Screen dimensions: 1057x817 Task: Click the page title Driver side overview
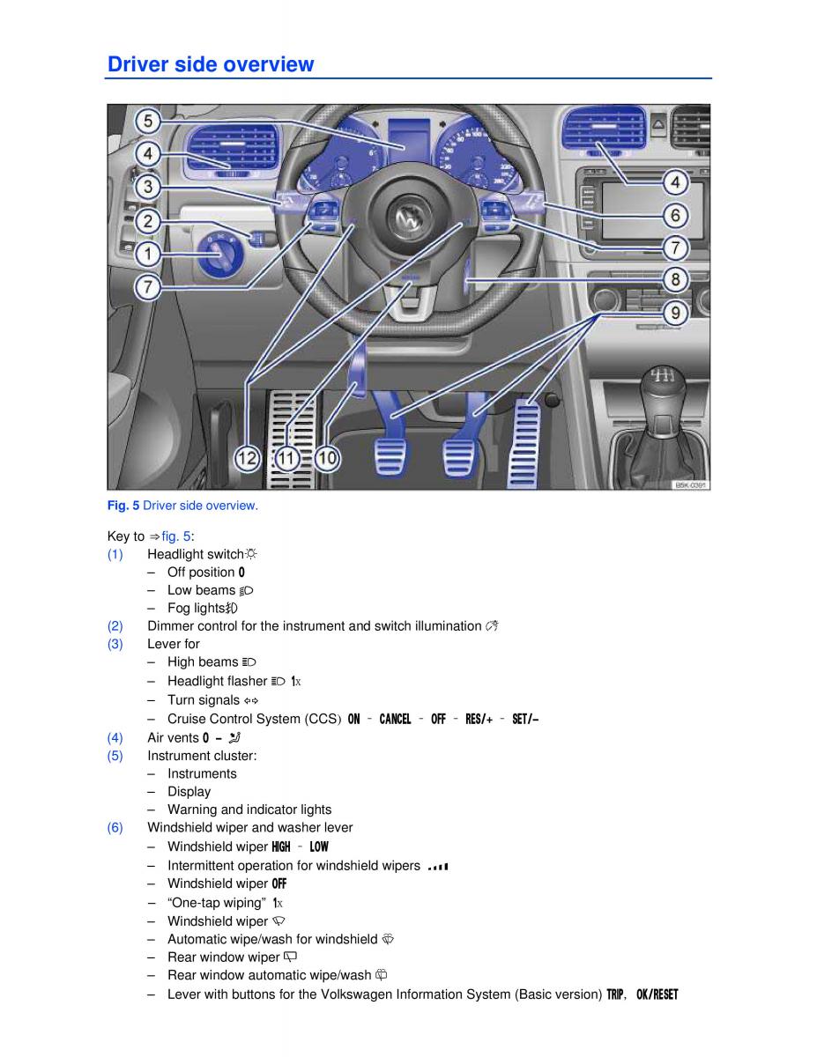click(x=210, y=64)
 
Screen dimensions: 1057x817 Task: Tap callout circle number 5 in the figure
click(x=148, y=122)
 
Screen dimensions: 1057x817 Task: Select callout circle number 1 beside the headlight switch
click(x=148, y=255)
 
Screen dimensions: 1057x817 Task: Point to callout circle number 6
click(x=675, y=215)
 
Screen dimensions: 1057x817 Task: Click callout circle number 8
click(x=675, y=280)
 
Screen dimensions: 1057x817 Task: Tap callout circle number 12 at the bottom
click(x=248, y=458)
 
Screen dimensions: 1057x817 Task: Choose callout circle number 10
click(x=327, y=458)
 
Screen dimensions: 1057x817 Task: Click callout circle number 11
click(x=287, y=458)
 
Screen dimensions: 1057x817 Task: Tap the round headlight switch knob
click(x=213, y=255)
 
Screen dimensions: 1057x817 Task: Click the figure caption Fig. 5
click(x=182, y=506)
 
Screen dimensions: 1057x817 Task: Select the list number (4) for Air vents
click(x=115, y=738)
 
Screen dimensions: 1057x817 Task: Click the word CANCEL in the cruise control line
click(x=395, y=720)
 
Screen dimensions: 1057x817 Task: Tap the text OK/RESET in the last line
click(x=657, y=995)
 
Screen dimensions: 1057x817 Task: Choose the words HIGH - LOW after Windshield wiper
click(x=300, y=846)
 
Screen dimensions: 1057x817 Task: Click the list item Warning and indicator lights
click(x=249, y=809)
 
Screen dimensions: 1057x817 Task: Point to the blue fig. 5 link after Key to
click(x=176, y=536)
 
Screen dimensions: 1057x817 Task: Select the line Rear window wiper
click(x=224, y=957)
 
